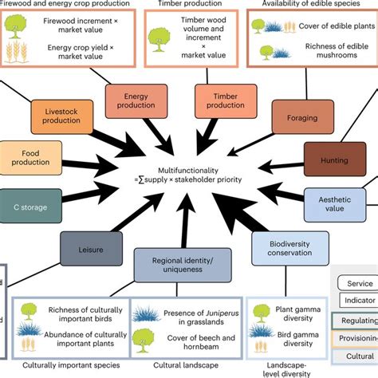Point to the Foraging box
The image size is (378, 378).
[296, 116]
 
